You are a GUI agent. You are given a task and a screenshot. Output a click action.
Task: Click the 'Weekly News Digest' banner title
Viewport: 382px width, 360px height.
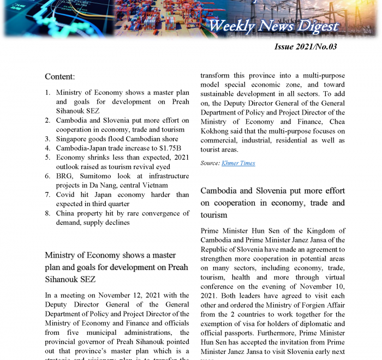[273, 26]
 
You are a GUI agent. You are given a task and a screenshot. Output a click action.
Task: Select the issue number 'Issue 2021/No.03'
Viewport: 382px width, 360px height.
[305, 46]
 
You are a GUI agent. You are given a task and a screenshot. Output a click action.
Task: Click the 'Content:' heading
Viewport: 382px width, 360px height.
[59, 76]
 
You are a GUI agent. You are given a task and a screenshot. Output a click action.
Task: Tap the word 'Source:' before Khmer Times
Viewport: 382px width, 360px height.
[210, 163]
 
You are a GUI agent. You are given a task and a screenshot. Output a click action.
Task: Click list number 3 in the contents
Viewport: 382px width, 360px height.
[48, 139]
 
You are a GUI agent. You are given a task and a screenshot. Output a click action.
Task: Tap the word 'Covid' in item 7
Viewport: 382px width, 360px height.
[66, 195]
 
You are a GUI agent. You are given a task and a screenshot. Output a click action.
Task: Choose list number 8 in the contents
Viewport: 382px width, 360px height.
[48, 213]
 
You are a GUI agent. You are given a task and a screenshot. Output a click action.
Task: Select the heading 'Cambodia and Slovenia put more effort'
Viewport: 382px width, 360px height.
[272, 191]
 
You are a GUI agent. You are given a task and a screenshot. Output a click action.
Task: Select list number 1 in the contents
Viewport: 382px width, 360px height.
[48, 93]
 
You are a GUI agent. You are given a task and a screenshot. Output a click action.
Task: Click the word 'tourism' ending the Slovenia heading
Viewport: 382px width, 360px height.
[214, 215]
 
